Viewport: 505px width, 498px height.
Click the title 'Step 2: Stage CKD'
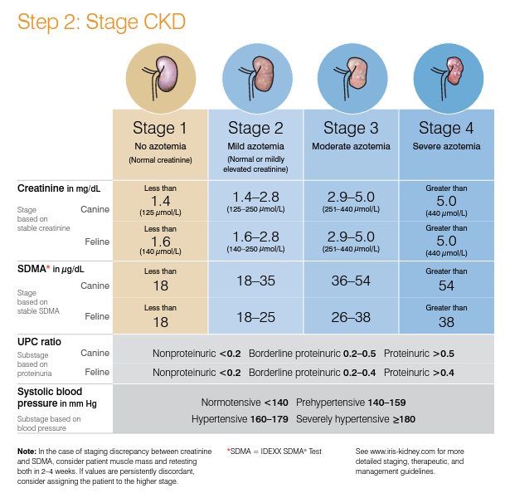pyautogui.click(x=101, y=22)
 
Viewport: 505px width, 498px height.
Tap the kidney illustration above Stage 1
pyautogui.click(x=160, y=79)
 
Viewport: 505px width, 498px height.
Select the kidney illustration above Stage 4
pyautogui.click(x=449, y=79)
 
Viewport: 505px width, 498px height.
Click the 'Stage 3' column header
pyautogui.click(x=351, y=128)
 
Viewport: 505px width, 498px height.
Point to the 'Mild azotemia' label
pyautogui.click(x=255, y=146)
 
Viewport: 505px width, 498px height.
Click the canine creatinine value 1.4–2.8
pyautogui.click(x=255, y=197)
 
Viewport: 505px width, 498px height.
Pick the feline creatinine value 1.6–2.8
pyautogui.click(x=255, y=237)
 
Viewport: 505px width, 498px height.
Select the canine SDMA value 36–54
pyautogui.click(x=351, y=281)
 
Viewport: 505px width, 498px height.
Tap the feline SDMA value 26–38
pyautogui.click(x=351, y=318)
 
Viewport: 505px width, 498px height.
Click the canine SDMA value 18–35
pyautogui.click(x=255, y=281)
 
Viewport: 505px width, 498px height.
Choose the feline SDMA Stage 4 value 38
pyautogui.click(x=446, y=322)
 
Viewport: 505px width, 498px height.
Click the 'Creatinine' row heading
pyautogui.click(x=41, y=188)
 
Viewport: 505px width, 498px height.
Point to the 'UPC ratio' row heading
pyautogui.click(x=39, y=342)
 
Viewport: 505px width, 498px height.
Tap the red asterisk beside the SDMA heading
pyautogui.click(x=48, y=267)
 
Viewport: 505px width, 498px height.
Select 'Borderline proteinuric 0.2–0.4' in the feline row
pyautogui.click(x=312, y=373)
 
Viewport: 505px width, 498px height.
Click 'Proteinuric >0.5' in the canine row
pyautogui.click(x=419, y=354)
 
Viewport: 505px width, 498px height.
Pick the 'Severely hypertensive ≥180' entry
pyautogui.click(x=356, y=419)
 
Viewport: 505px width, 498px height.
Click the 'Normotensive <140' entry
pyautogui.click(x=245, y=403)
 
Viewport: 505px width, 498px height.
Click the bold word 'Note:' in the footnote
pyautogui.click(x=27, y=452)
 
